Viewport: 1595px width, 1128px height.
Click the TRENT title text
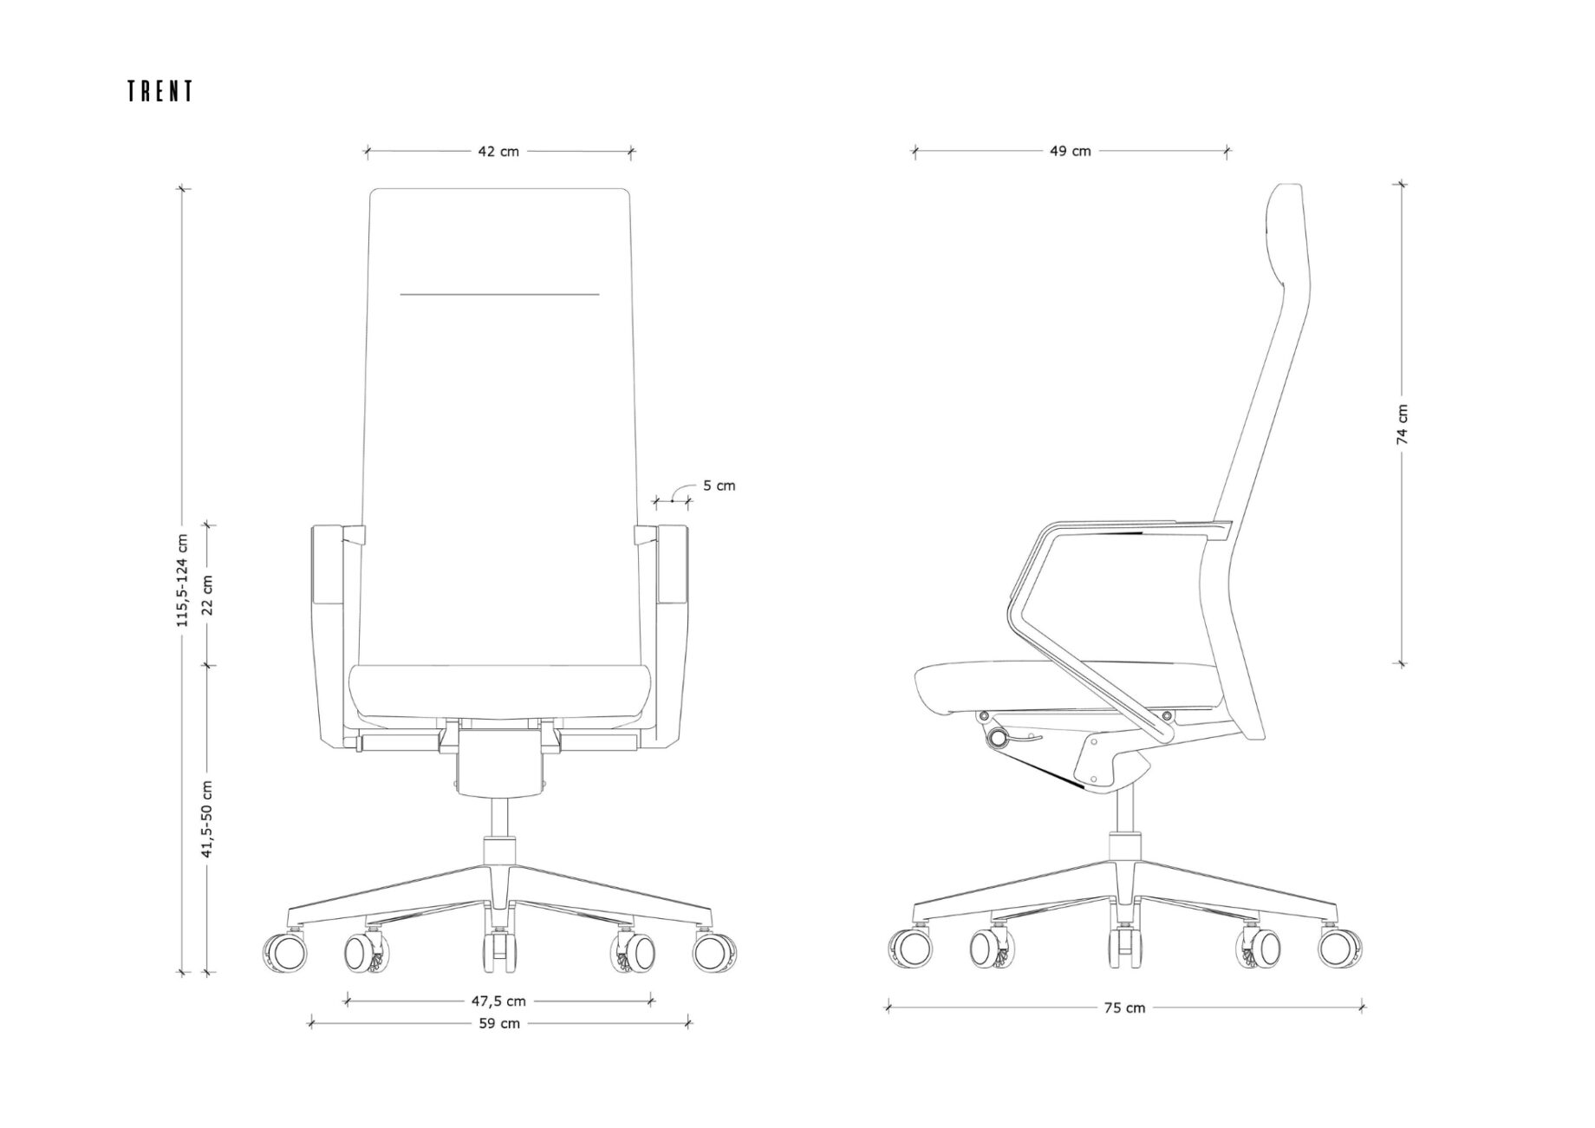pyautogui.click(x=160, y=91)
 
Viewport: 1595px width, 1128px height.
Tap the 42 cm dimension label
pyautogui.click(x=498, y=151)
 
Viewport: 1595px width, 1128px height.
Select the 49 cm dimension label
pyautogui.click(x=1071, y=151)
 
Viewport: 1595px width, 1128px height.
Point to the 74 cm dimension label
pyautogui.click(x=1403, y=424)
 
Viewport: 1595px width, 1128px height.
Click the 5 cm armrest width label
pyautogui.click(x=719, y=486)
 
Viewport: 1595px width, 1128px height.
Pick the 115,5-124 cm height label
pyautogui.click(x=182, y=580)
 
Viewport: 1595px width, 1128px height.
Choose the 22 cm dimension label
pyautogui.click(x=207, y=594)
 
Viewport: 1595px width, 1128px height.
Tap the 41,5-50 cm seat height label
pyautogui.click(x=207, y=819)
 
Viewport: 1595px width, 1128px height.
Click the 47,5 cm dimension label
pyautogui.click(x=498, y=1001)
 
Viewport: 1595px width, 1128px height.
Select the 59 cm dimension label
pyautogui.click(x=500, y=1023)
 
